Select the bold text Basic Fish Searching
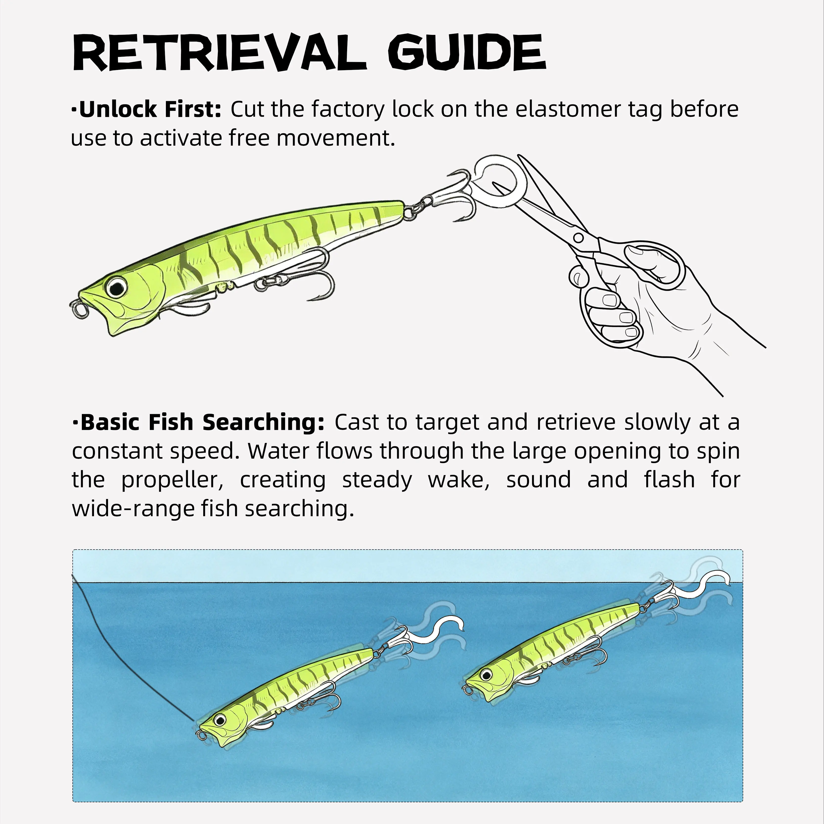pos(202,422)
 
